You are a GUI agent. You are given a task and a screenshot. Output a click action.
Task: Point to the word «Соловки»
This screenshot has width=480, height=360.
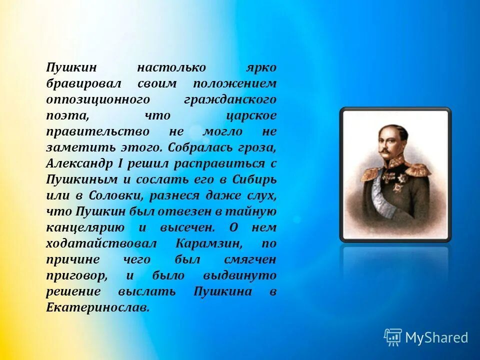tap(122, 195)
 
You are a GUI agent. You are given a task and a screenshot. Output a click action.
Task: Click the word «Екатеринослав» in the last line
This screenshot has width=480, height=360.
tap(98, 307)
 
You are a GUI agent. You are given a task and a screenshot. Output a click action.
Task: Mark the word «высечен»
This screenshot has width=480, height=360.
tap(187, 227)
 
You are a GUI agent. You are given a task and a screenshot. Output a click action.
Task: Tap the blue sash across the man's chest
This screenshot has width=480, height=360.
tap(380, 192)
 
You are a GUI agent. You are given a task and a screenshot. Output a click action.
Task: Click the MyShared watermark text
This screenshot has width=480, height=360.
tap(436, 337)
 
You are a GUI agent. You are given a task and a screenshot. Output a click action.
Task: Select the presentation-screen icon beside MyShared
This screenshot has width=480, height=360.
tap(393, 337)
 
